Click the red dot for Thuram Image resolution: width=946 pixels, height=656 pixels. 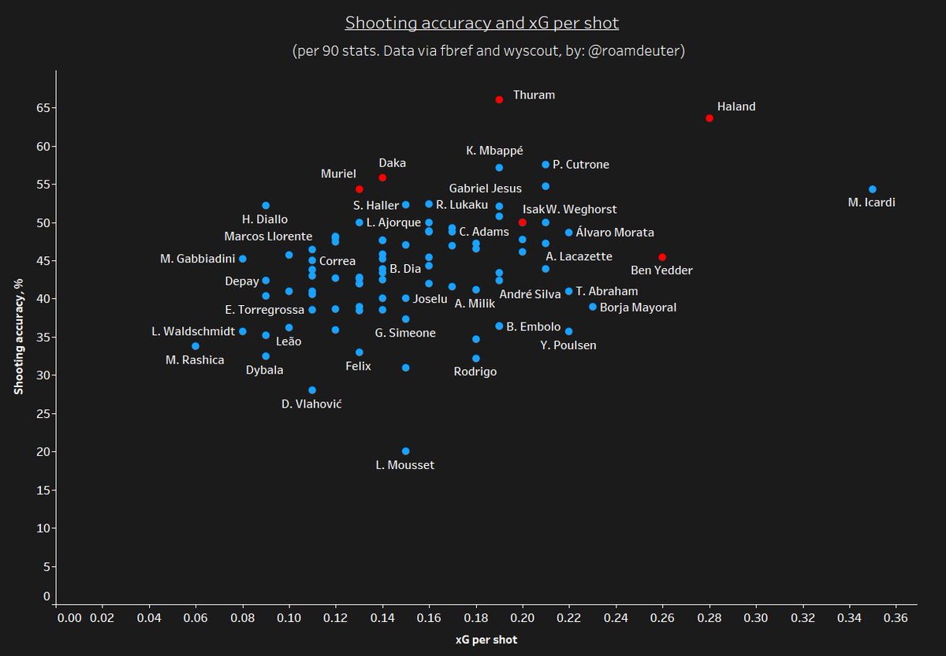(499, 99)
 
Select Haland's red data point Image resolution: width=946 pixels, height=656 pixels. (709, 118)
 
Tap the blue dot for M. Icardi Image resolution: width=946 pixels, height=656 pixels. (873, 189)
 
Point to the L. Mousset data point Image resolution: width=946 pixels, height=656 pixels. (406, 451)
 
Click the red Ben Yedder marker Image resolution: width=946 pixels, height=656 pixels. (662, 257)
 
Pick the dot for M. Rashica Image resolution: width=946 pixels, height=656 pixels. (196, 346)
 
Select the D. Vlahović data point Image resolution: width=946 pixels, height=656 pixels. (312, 390)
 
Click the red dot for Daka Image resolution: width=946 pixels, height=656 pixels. (382, 177)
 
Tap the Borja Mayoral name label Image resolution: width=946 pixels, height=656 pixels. (638, 307)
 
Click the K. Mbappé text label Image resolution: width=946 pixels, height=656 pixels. (494, 151)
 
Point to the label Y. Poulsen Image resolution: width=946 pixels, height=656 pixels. (568, 345)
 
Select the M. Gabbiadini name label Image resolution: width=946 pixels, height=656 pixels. (197, 259)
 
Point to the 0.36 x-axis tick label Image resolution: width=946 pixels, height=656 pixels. (896, 619)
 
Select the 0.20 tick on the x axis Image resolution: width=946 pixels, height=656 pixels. (523, 619)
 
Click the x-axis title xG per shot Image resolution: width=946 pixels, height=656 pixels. (486, 640)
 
